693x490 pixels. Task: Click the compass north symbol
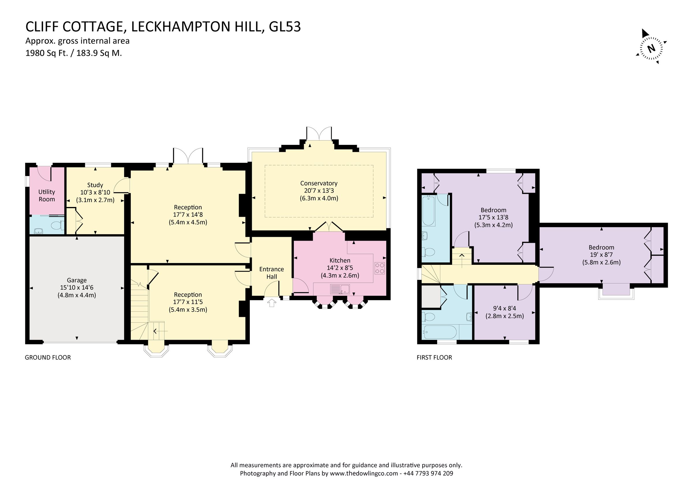pyautogui.click(x=651, y=48)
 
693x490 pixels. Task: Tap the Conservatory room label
pyautogui.click(x=319, y=183)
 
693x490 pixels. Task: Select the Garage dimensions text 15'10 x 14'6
pyautogui.click(x=77, y=288)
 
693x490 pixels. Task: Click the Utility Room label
pyautogui.click(x=46, y=195)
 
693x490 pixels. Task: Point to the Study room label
pyautogui.click(x=95, y=185)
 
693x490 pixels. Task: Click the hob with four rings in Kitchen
pyautogui.click(x=380, y=268)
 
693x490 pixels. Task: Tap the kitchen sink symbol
pyautogui.click(x=340, y=289)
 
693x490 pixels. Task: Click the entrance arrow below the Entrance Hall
pyautogui.click(x=272, y=303)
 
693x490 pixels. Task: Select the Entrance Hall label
pyautogui.click(x=271, y=273)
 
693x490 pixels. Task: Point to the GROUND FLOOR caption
pyautogui.click(x=48, y=357)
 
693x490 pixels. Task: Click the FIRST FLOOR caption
pyautogui.click(x=434, y=357)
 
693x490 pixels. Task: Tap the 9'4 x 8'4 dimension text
pyautogui.click(x=504, y=308)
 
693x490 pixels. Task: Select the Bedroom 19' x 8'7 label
pyautogui.click(x=601, y=247)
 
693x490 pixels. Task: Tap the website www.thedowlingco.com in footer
pyautogui.click(x=364, y=474)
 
